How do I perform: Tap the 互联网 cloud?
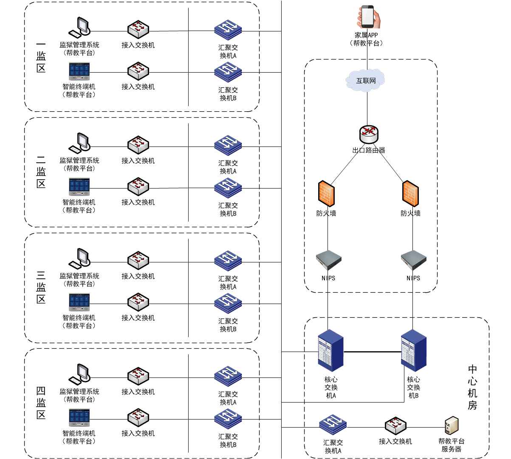(366, 80)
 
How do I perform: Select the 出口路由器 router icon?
(368, 135)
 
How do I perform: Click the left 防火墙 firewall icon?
(326, 194)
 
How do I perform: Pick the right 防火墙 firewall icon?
(410, 194)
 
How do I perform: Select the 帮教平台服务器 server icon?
(452, 425)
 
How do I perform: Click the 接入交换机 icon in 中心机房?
(395, 426)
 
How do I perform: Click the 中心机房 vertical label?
(472, 387)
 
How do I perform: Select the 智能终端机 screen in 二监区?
(79, 187)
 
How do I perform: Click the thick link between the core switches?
(372, 352)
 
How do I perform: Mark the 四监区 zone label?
(41, 403)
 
